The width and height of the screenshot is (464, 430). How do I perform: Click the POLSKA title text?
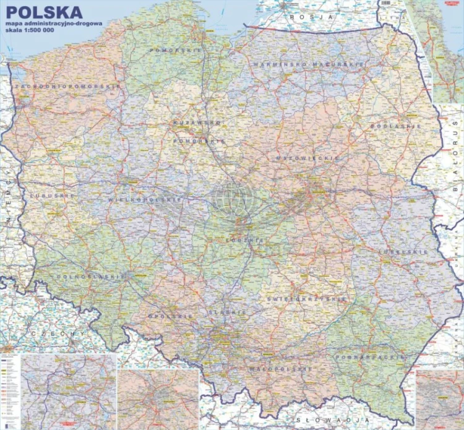click(x=43, y=12)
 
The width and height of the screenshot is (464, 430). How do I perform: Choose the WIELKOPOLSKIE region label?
click(x=145, y=200)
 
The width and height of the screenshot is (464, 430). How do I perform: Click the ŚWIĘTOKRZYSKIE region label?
click(x=307, y=299)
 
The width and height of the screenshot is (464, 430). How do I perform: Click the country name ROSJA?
click(x=314, y=18)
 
